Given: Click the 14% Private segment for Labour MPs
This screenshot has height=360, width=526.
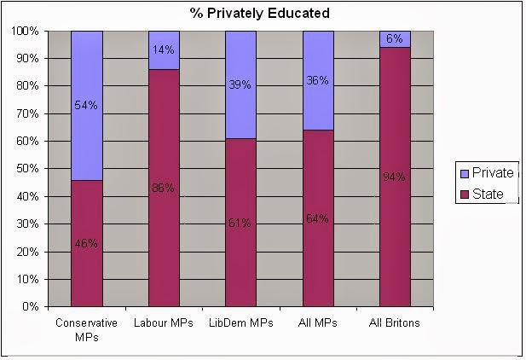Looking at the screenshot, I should pyautogui.click(x=164, y=49).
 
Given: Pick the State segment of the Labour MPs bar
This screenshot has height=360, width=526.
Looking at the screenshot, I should pyautogui.click(x=164, y=188).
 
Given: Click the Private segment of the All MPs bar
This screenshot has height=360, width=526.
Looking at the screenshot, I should pyautogui.click(x=317, y=79).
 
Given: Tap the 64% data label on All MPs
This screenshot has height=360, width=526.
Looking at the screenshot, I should pyautogui.click(x=318, y=218).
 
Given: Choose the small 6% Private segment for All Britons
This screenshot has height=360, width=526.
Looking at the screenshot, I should pyautogui.click(x=395, y=38).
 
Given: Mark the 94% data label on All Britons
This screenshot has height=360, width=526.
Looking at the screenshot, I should pyautogui.click(x=395, y=177).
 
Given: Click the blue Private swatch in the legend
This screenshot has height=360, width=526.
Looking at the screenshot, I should pyautogui.click(x=464, y=173).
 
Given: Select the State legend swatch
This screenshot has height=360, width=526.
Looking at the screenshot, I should pyautogui.click(x=464, y=195).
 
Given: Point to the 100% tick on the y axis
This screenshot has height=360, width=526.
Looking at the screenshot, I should pyautogui.click(x=27, y=32).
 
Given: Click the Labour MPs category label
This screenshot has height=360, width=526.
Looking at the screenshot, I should pyautogui.click(x=164, y=323).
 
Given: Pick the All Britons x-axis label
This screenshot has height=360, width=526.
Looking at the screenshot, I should pyautogui.click(x=395, y=323).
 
